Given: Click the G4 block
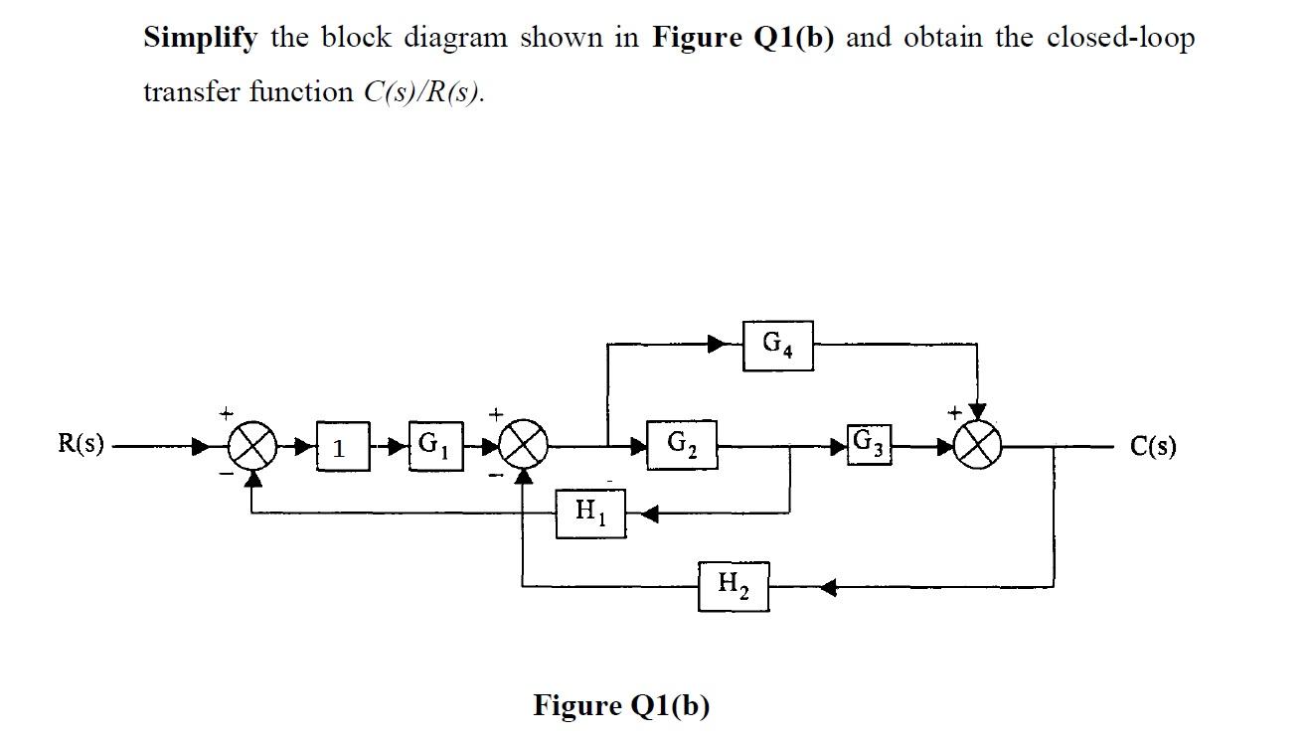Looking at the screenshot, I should [x=777, y=346].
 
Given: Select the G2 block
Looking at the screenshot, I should [x=681, y=444].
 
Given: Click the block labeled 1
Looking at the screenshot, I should [x=340, y=448].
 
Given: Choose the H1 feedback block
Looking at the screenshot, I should [x=590, y=513].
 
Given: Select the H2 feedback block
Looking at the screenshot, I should [x=733, y=586].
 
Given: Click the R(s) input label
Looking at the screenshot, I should [x=81, y=444].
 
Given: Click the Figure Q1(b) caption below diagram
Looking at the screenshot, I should [x=621, y=705].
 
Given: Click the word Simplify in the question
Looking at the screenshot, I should [x=201, y=38].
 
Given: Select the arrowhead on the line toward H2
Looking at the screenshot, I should [x=828, y=587].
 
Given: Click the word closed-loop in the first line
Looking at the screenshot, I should [x=1119, y=38].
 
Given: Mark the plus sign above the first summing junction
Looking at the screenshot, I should [x=227, y=410].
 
